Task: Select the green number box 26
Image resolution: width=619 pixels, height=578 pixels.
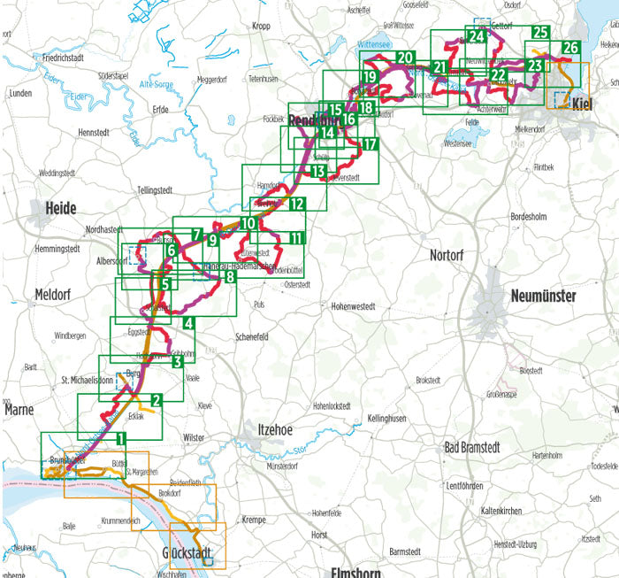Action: click(x=571, y=49)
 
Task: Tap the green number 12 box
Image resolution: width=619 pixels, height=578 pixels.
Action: click(x=296, y=204)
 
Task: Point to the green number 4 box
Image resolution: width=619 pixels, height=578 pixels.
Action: click(x=188, y=324)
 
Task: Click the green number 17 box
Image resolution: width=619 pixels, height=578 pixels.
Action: click(x=369, y=143)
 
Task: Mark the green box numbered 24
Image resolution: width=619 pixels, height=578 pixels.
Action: click(x=478, y=36)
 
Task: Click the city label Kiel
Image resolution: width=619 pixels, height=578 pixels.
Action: click(x=581, y=104)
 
